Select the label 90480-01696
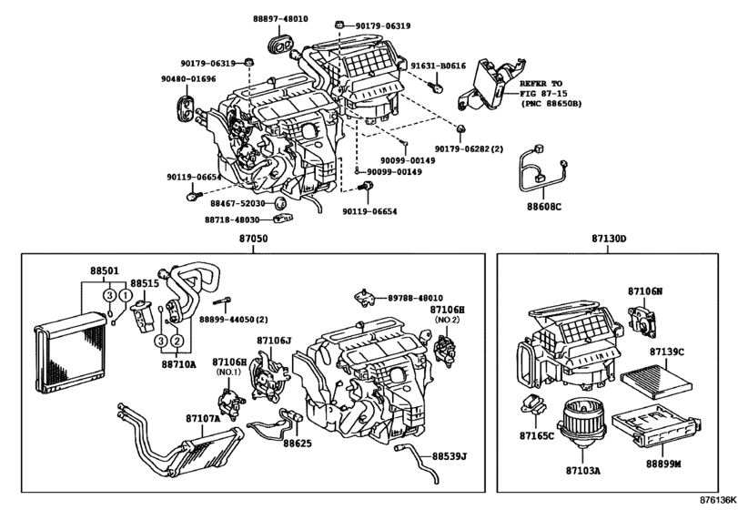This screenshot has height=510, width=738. (x=189, y=79)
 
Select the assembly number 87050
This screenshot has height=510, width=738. (x=254, y=239)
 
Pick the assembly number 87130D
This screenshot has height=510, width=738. (x=610, y=239)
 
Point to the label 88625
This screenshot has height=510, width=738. (x=298, y=444)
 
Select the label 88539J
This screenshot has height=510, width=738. (x=450, y=455)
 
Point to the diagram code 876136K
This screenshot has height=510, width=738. (x=717, y=500)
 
